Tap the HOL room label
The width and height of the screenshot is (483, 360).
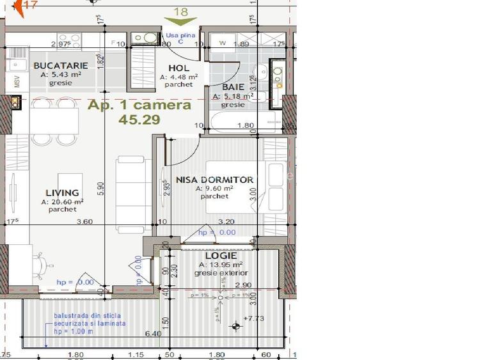click(x=179, y=68)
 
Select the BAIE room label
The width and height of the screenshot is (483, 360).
click(x=233, y=88)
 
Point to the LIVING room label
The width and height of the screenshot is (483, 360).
click(x=62, y=192)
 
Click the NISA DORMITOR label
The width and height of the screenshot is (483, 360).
click(x=214, y=180)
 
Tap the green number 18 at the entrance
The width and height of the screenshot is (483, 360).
click(x=181, y=11)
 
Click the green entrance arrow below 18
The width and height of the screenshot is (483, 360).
click(x=181, y=22)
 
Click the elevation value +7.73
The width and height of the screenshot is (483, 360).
click(x=255, y=318)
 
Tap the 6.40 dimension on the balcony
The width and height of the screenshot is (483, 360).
click(x=154, y=333)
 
